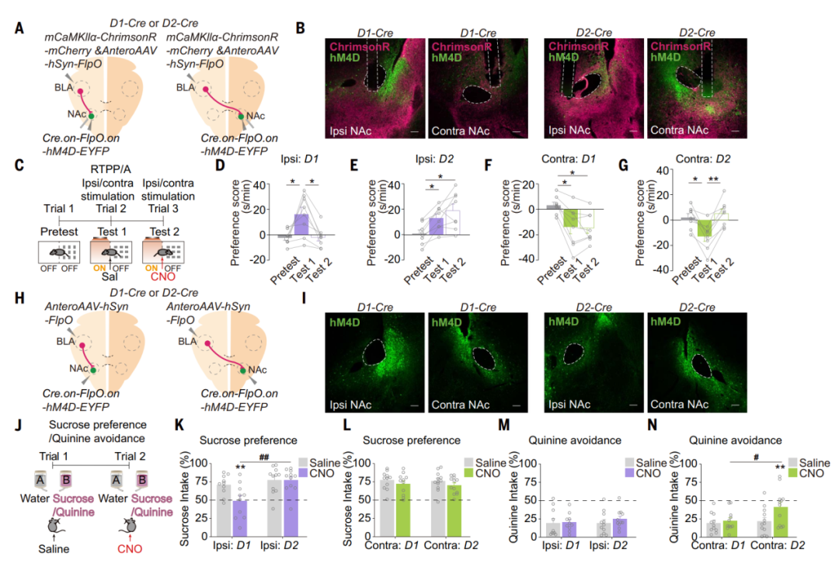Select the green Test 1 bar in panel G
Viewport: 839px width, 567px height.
coord(705,228)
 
